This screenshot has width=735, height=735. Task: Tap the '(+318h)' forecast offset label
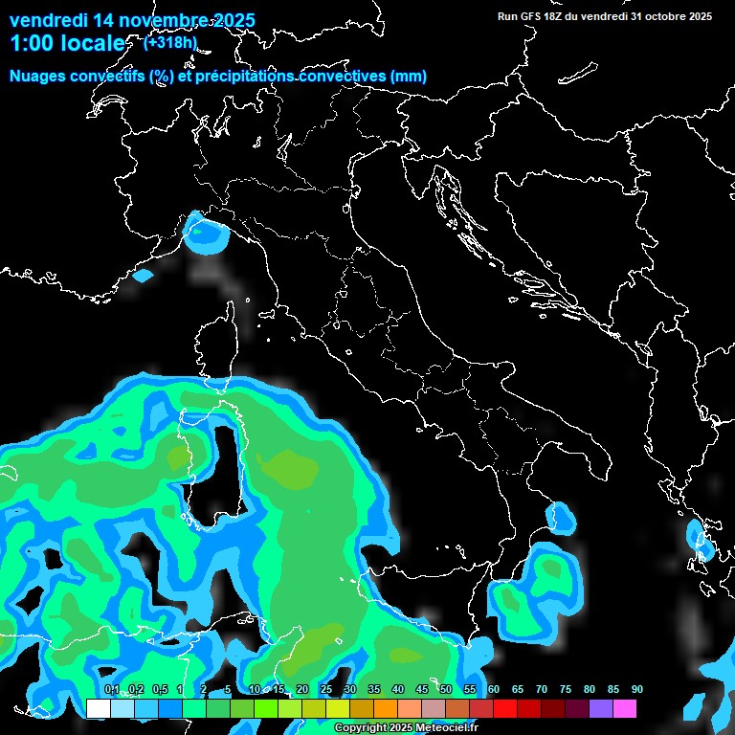tap(170, 42)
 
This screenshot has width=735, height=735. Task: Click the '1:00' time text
tap(31, 44)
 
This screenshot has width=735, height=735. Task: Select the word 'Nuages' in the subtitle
tap(38, 77)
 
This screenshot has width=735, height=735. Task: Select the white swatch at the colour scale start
tap(98, 709)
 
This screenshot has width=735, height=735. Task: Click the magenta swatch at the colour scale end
tap(624, 709)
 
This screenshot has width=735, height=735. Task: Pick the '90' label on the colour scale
tap(636, 690)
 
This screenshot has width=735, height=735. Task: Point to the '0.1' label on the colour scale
tap(111, 690)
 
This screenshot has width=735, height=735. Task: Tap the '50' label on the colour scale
tap(446, 690)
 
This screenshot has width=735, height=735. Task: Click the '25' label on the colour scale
tap(326, 690)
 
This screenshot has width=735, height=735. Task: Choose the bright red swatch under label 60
tap(504, 709)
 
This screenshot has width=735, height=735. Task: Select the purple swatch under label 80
tap(600, 709)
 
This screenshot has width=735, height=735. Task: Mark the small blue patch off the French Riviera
tap(143, 276)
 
